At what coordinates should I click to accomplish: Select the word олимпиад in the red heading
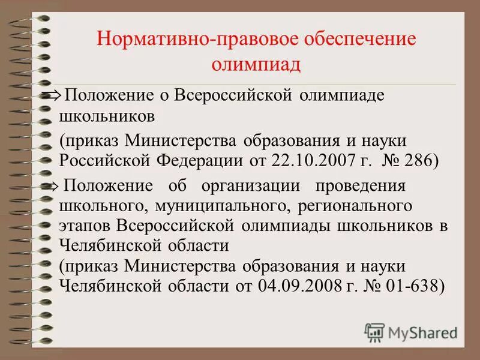tap(256, 64)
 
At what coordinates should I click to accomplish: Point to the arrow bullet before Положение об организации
tap(50, 187)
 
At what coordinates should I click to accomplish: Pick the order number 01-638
tap(417, 286)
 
